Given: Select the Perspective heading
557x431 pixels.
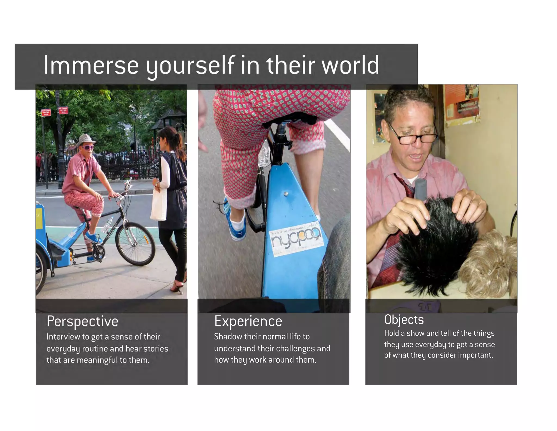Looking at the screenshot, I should coord(82,321).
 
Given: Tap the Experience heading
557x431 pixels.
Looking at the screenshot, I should coord(248,321).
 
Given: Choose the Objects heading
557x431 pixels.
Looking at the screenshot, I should coord(404,320).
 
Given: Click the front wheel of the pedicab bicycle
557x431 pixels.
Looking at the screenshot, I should coord(135,243).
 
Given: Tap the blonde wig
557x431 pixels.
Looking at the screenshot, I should coord(490,266).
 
